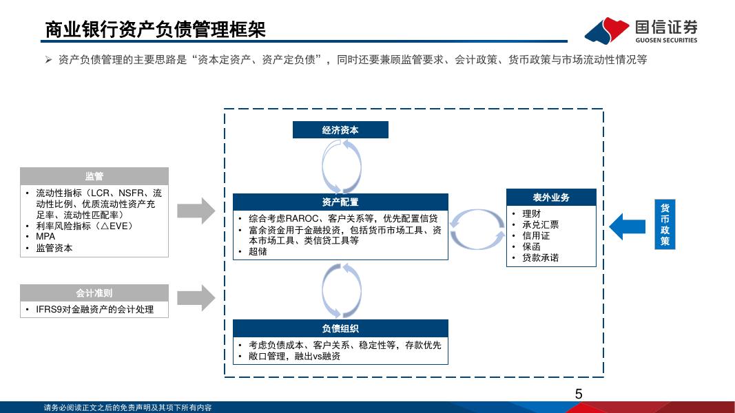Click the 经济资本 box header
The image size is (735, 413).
[x=340, y=130]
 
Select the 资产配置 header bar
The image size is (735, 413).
[x=340, y=202]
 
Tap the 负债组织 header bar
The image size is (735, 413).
[x=340, y=328]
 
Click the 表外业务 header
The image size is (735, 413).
[x=551, y=198]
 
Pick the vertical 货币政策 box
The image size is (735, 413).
[x=665, y=224]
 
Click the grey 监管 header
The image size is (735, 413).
[x=94, y=176]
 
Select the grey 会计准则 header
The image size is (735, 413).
[x=94, y=293]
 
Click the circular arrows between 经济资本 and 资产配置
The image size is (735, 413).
[x=340, y=166]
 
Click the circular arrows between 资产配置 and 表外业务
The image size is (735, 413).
[x=477, y=230]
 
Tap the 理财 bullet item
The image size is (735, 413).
[x=531, y=214]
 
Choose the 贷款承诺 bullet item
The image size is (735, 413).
[x=540, y=258]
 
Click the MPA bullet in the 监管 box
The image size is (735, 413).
[x=45, y=237]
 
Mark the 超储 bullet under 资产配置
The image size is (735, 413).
[x=258, y=252]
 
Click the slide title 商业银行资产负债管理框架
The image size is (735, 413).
[x=155, y=30]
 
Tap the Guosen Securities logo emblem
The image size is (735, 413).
[x=607, y=30]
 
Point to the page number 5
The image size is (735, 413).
[x=579, y=394]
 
